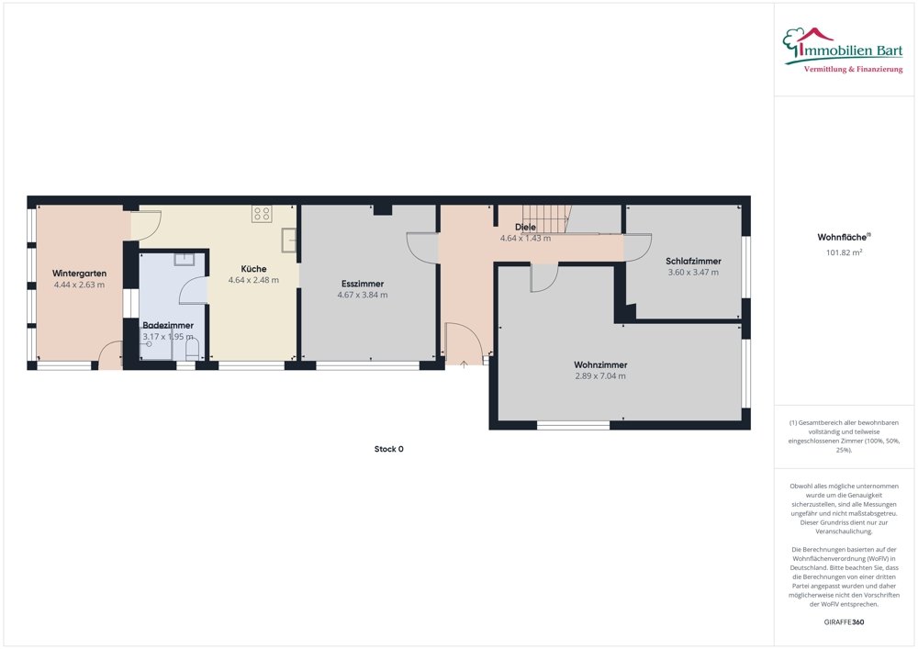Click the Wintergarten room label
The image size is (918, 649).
pos(79,274)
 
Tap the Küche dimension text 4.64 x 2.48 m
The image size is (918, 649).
pos(253,281)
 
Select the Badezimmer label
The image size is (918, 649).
pos(167,325)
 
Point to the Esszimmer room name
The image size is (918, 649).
pos(362,284)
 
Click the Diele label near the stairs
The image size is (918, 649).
pos(525,227)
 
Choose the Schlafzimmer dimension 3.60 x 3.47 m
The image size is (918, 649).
pos(693,273)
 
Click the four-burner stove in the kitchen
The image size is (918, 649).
pos(263,214)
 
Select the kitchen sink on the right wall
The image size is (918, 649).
pos(290,240)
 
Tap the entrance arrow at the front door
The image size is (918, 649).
pos(464,364)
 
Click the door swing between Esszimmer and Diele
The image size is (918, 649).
pos(422,248)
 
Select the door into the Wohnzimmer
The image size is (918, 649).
pos(543,277)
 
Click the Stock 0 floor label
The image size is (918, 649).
pos(388,449)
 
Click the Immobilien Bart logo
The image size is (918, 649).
pos(843,50)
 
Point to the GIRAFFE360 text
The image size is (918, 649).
pos(845,621)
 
